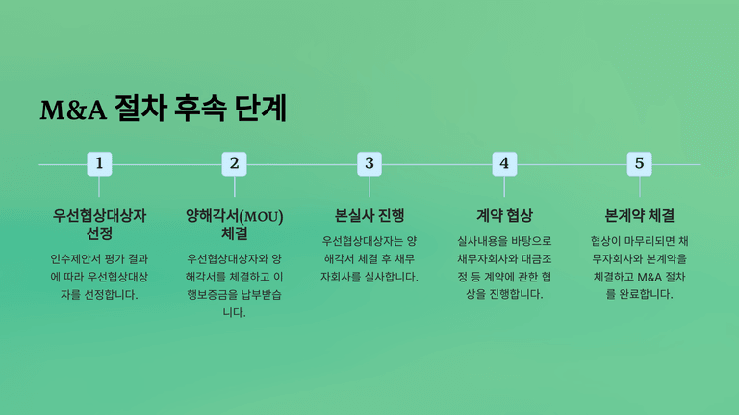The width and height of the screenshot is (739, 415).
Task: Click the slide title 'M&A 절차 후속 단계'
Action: pos(163,109)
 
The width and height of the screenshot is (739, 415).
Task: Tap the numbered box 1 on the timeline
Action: pos(99,163)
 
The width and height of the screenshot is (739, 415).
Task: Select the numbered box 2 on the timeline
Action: pos(234,163)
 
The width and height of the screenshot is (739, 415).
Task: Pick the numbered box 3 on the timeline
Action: pos(369,163)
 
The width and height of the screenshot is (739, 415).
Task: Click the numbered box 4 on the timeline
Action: pos(504,163)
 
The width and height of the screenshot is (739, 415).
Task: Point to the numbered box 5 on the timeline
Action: pos(640,163)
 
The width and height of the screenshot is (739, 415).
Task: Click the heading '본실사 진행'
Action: pos(369,215)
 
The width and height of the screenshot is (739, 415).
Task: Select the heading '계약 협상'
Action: pos(504,215)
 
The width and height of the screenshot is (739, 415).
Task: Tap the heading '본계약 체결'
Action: pos(640,215)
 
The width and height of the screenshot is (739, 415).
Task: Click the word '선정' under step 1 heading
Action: pos(99,232)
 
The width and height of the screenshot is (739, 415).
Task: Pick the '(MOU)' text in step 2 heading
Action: pos(262,216)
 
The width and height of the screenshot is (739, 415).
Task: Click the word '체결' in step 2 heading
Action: pos(234,232)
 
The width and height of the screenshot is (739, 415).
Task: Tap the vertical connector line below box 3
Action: pos(369,186)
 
